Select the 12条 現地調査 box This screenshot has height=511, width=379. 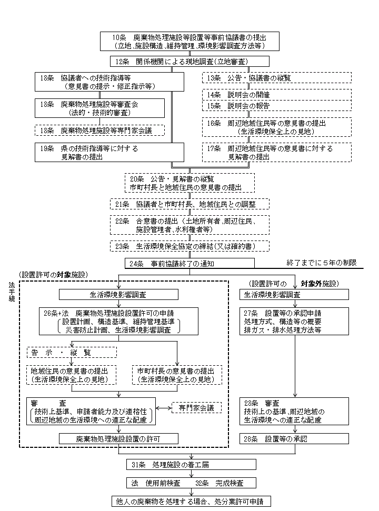coord(189,62)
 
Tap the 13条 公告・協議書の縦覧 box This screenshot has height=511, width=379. coord(276,78)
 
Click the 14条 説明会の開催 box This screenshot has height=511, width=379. coord(276,95)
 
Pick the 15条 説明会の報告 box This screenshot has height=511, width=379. coord(276,106)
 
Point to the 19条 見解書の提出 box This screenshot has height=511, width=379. coord(110,153)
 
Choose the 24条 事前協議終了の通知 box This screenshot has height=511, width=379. coord(189,263)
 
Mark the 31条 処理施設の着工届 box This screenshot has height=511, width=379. coord(191,465)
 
